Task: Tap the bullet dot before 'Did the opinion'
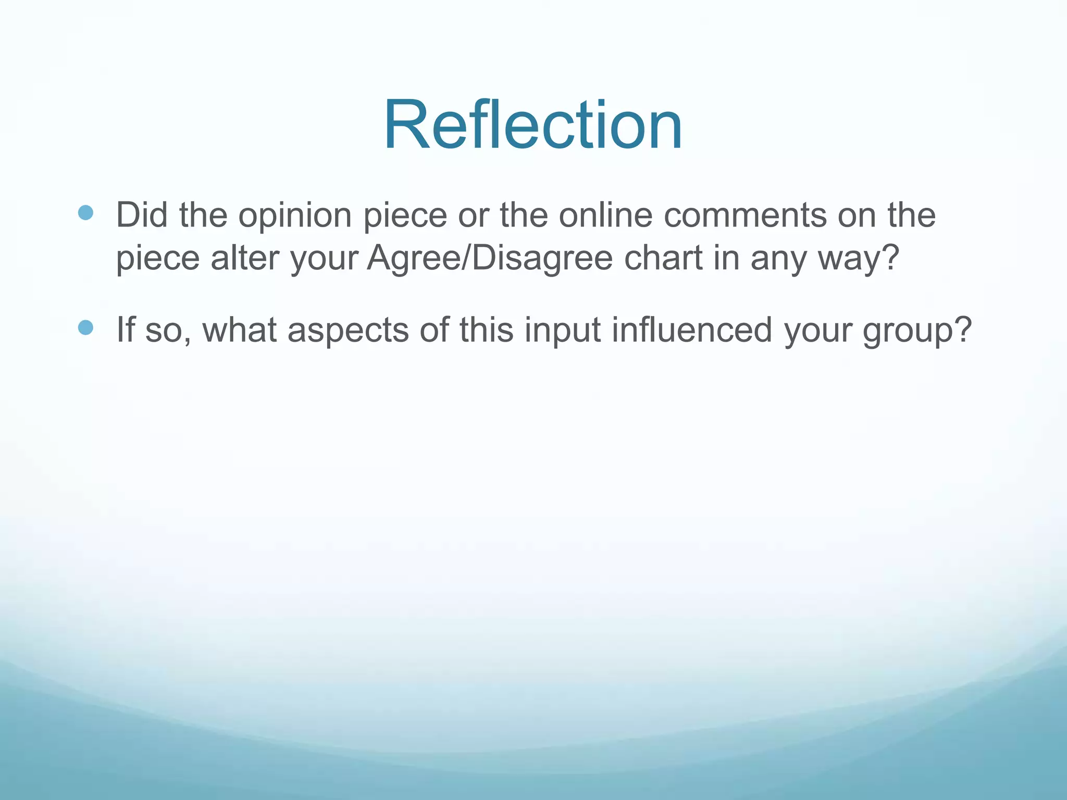(85, 213)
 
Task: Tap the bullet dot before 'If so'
(85, 328)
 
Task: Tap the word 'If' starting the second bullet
(126, 330)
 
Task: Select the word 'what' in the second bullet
(239, 330)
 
